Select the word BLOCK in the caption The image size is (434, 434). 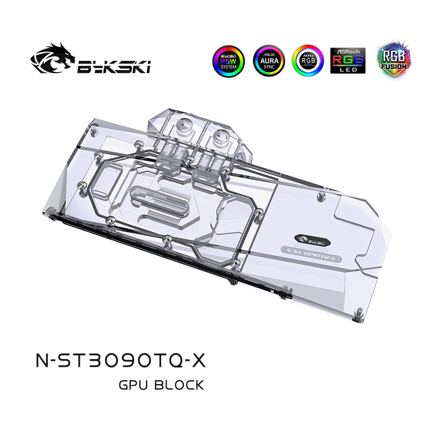pyautogui.click(x=179, y=386)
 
